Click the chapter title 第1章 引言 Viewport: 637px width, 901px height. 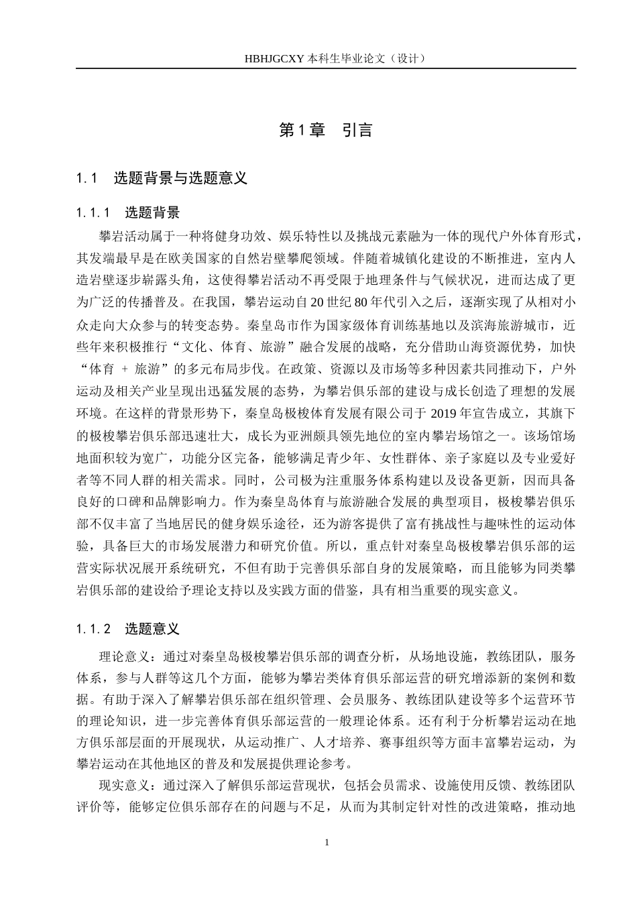[x=326, y=130]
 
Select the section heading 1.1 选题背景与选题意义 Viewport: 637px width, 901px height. [x=162, y=178]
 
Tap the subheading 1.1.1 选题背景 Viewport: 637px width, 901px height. [x=128, y=213]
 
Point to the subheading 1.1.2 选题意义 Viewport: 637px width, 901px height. [x=128, y=629]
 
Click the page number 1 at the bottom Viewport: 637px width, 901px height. [x=327, y=842]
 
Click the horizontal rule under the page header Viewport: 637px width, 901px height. [x=326, y=68]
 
